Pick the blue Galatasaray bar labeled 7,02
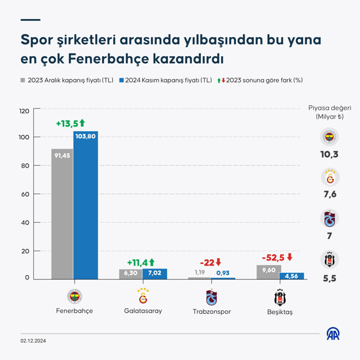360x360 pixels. coord(154,273)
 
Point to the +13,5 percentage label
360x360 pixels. coord(70,123)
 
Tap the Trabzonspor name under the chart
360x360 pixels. coord(211,311)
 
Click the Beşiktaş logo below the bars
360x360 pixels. coord(280,297)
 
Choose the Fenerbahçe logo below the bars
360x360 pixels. coord(74,296)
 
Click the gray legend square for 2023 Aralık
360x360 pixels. coord(23,80)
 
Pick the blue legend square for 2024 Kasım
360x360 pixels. coord(122,80)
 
